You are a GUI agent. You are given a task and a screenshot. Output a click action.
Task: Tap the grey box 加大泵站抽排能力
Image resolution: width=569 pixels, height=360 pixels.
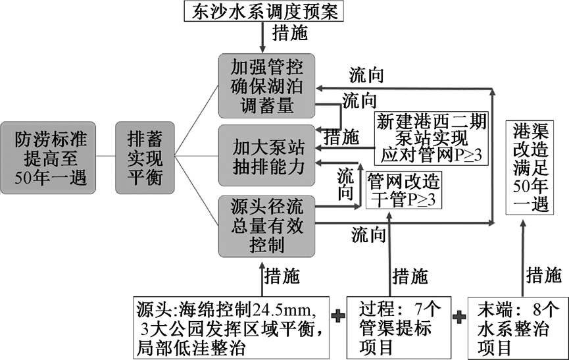tap(266, 156)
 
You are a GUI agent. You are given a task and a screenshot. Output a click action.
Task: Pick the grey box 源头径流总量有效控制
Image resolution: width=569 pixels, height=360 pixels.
tap(266, 225)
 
